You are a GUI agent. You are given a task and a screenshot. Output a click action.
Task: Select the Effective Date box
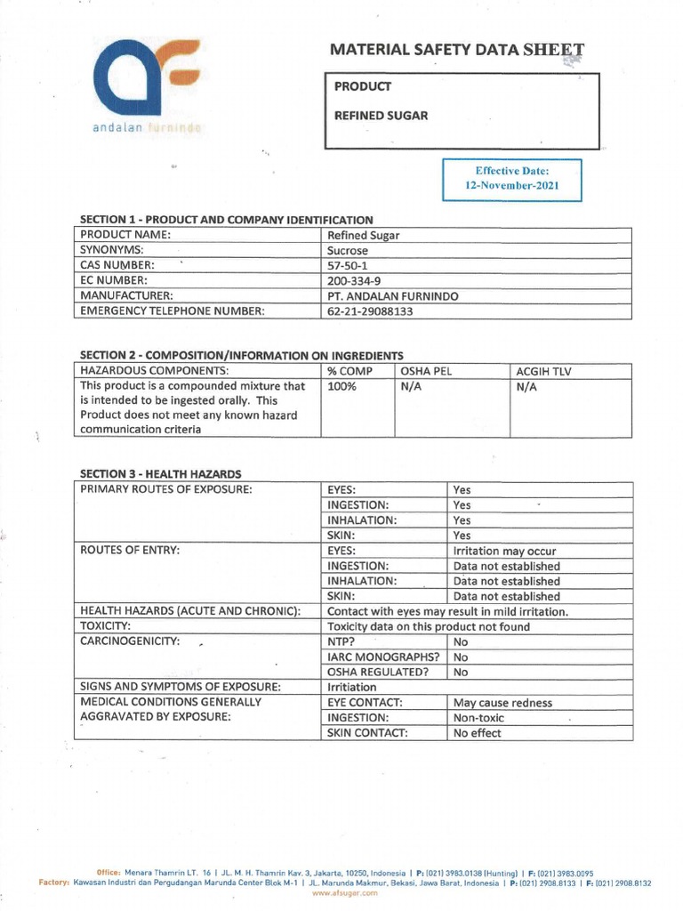(x=511, y=179)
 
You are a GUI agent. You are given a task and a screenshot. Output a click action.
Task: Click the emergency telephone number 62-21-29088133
(x=371, y=311)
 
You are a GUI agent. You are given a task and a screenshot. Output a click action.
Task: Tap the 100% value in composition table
(x=341, y=386)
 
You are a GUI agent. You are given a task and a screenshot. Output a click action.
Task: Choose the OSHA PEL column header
(x=427, y=370)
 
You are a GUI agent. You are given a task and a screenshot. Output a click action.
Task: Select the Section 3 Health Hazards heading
(x=161, y=473)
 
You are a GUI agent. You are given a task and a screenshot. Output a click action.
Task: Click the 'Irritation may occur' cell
(x=504, y=551)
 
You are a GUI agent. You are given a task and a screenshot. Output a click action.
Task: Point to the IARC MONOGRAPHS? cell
(x=383, y=657)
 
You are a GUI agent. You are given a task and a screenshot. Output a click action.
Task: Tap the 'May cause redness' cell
(x=502, y=703)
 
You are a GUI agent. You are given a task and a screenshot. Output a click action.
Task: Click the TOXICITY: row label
(x=113, y=626)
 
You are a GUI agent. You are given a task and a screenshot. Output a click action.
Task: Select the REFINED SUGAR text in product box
(x=381, y=115)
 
